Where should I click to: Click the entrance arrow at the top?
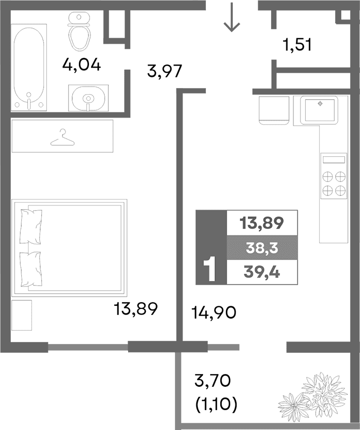coord(232,19)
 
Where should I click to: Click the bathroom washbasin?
coord(88,97)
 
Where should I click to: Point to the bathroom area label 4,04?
coord(81,65)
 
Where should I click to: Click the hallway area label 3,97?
coord(164,71)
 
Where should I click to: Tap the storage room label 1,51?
coord(297,46)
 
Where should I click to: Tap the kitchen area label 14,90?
coord(214,311)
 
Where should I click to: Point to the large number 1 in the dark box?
coord(209,269)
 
